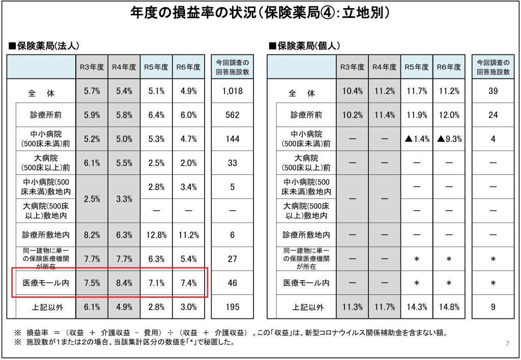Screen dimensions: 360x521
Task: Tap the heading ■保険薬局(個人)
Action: click(x=304, y=46)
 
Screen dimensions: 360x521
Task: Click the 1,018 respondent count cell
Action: click(x=233, y=92)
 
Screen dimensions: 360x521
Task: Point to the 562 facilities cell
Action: click(x=233, y=115)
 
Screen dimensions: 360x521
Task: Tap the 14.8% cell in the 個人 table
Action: click(x=449, y=307)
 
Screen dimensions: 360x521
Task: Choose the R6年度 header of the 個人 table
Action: click(x=449, y=67)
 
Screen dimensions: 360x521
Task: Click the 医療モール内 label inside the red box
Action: click(x=46, y=283)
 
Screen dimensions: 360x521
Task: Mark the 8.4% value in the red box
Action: click(x=124, y=283)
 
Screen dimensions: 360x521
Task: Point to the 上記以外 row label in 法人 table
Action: click(x=46, y=307)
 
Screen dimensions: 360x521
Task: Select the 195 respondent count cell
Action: click(x=233, y=307)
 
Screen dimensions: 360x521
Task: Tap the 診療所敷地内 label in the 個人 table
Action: click(x=306, y=235)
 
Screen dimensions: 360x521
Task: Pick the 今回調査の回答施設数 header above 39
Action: click(x=493, y=67)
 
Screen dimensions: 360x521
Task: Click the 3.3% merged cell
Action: click(x=124, y=199)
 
